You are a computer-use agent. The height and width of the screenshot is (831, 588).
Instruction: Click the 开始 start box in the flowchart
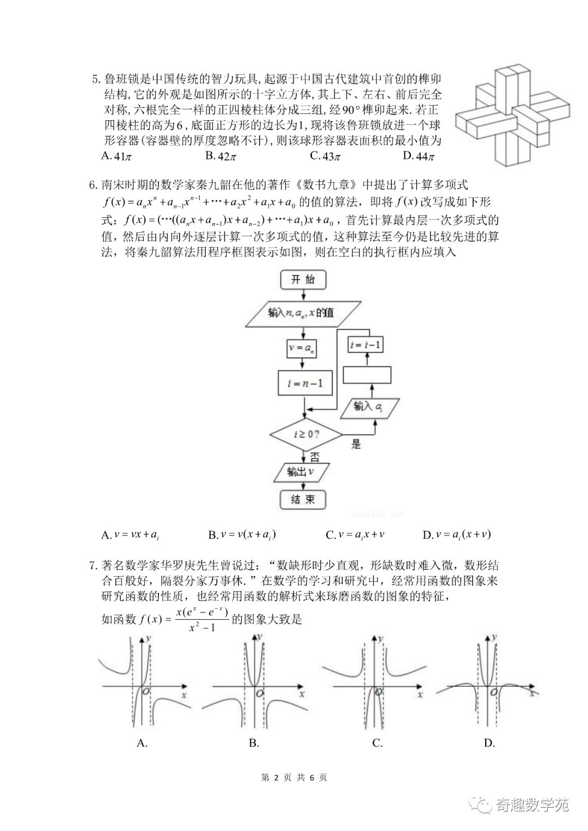(x=303, y=280)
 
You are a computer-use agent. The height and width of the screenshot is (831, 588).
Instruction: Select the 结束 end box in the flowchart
(x=303, y=499)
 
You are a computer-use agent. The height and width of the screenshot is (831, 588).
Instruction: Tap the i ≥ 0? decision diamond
(x=305, y=435)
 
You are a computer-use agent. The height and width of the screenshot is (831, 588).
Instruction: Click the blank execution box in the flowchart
(x=367, y=376)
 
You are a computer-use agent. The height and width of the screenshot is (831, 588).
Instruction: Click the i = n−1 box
(x=305, y=383)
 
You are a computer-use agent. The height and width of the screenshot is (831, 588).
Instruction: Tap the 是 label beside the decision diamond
(x=356, y=444)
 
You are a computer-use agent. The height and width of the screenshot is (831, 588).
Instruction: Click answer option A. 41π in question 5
(x=117, y=156)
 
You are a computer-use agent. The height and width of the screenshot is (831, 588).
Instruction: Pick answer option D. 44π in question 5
(x=419, y=156)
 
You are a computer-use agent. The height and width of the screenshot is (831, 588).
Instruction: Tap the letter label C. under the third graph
(x=377, y=743)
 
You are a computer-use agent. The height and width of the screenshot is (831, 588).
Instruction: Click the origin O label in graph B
(x=260, y=693)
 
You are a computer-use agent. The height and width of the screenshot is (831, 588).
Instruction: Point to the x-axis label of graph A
(x=183, y=695)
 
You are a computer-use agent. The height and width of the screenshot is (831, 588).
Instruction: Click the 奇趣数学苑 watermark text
(x=531, y=805)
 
